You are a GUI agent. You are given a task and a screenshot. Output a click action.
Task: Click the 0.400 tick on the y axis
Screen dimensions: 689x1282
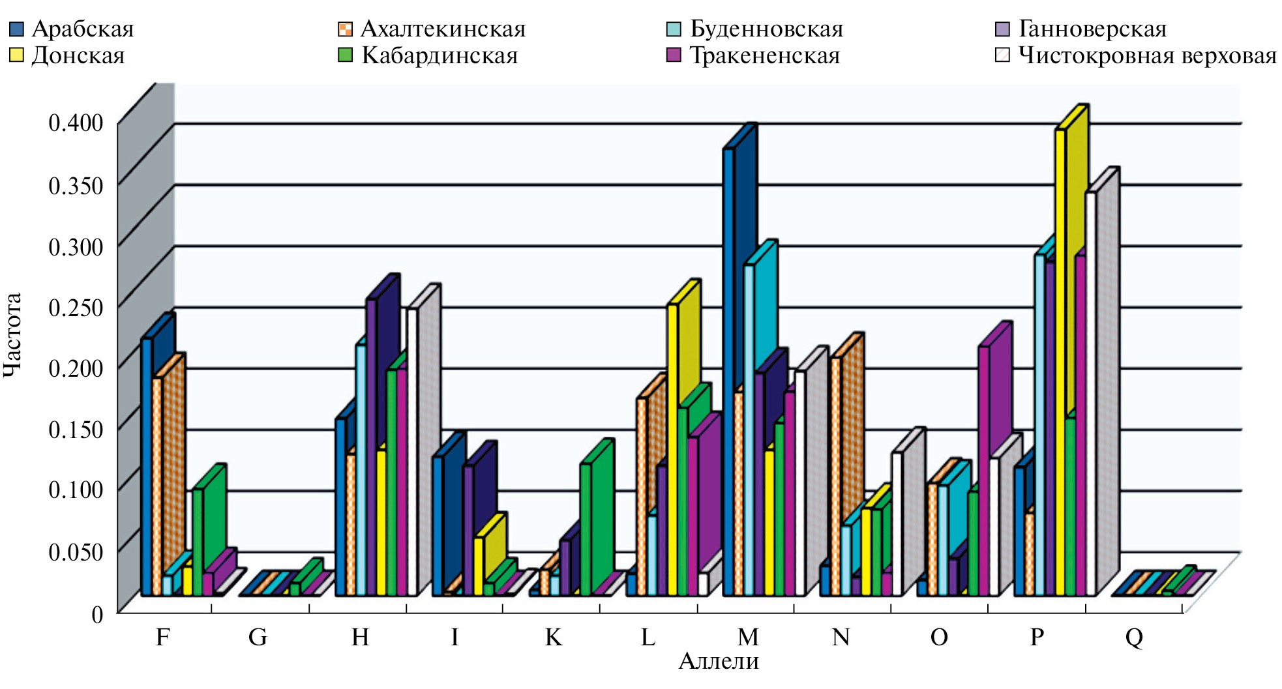point(76,122)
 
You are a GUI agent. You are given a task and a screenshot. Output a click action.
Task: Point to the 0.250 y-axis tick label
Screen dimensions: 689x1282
point(76,307)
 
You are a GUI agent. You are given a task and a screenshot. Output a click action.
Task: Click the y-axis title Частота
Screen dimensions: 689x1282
point(13,335)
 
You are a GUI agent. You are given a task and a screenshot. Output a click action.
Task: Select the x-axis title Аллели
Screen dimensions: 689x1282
point(719,661)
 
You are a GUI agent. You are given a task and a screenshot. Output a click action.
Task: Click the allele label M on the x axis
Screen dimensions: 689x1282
point(748,636)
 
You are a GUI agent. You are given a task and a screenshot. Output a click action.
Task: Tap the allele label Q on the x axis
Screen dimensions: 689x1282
point(1134,636)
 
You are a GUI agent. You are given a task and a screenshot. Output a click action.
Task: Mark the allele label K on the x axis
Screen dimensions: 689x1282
point(554,636)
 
